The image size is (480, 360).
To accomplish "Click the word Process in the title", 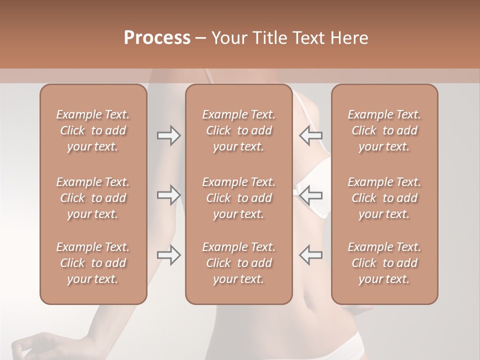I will [157, 38].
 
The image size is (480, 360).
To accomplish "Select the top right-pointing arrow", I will [169, 135].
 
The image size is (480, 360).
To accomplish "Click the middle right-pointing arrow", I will [169, 195].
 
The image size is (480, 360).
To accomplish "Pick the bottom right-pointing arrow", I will [169, 255].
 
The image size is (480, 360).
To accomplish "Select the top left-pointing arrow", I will [310, 135].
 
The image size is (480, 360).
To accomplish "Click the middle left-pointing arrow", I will [310, 195].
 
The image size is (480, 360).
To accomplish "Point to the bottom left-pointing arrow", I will [310, 255].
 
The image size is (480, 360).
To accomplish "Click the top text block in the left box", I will [93, 130].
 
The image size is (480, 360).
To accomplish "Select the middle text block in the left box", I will [93, 198].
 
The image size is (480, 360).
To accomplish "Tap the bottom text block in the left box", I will [93, 263].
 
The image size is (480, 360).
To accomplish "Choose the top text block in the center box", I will [239, 130].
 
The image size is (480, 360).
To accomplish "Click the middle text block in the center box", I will [239, 198].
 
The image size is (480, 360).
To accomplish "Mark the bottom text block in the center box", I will [239, 263].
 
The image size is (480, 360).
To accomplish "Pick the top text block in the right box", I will [384, 130].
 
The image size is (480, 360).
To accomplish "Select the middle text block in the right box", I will [384, 198].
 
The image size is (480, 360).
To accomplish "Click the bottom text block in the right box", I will [384, 263].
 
